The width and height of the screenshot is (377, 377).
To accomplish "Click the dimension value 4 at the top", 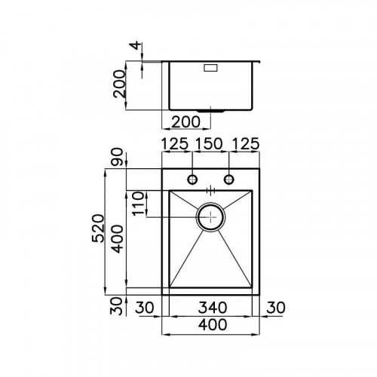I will pyautogui.click(x=134, y=47).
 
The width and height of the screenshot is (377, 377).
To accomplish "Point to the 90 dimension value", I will pyautogui.click(x=117, y=160).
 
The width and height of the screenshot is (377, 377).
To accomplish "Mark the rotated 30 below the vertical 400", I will pyautogui.click(x=117, y=305).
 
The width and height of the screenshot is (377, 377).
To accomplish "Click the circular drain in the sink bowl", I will pyautogui.click(x=210, y=216).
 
